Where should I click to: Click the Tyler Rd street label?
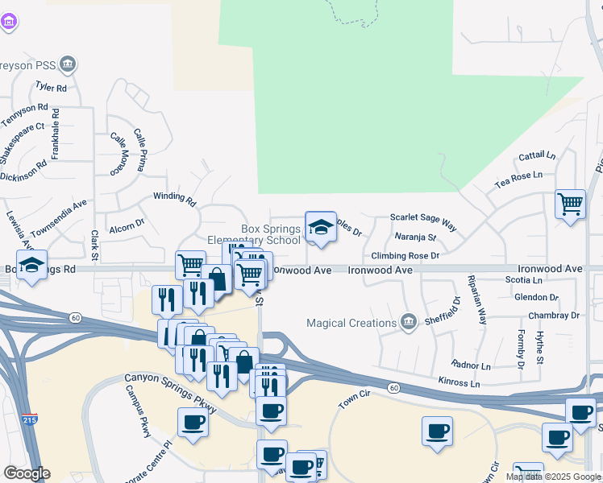50,87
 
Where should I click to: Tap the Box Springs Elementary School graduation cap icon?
320,226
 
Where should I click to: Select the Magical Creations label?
351,324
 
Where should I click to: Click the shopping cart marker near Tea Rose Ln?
570,204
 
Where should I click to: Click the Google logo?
27,473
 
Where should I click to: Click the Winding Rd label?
175,198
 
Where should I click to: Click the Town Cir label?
353,401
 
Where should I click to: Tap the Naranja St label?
415,237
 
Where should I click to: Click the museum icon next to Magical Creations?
409,323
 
